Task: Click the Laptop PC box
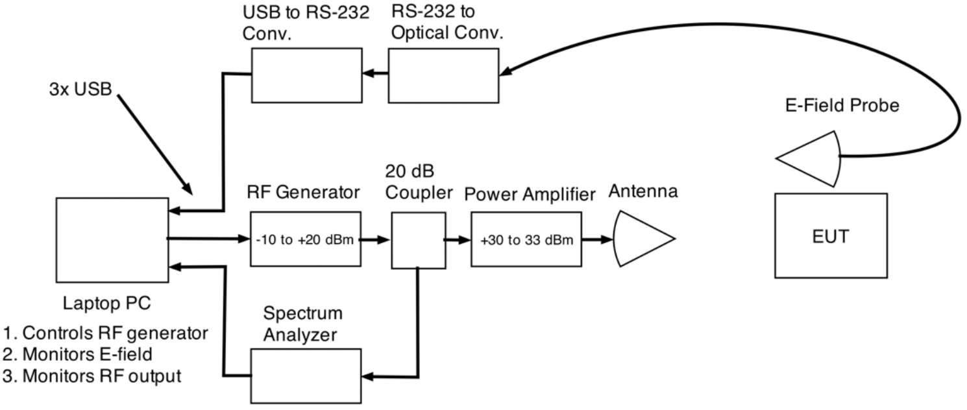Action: (111, 239)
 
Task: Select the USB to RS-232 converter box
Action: (306, 75)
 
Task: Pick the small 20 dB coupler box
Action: (417, 242)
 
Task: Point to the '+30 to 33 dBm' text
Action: (526, 240)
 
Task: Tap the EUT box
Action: (831, 236)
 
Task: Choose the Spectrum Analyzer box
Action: (305, 375)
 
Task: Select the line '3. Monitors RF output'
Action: (92, 376)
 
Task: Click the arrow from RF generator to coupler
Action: (375, 239)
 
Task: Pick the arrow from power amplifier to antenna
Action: (598, 239)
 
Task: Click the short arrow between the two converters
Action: (374, 74)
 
